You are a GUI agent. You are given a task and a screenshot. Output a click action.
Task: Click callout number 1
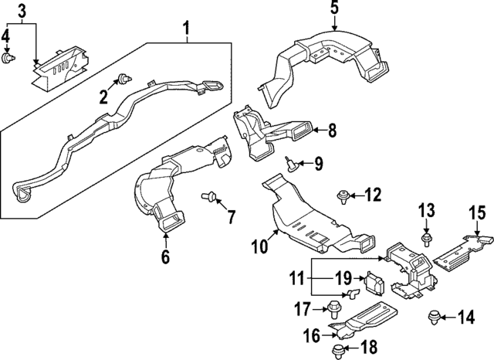point(186,31)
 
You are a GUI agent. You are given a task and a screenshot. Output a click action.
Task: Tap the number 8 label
point(332,131)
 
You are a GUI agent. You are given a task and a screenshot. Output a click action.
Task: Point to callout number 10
point(260,246)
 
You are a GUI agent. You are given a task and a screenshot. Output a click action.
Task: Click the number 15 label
point(478,212)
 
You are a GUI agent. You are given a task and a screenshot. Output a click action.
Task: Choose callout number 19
point(343,277)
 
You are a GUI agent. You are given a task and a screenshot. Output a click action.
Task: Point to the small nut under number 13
point(426,236)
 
